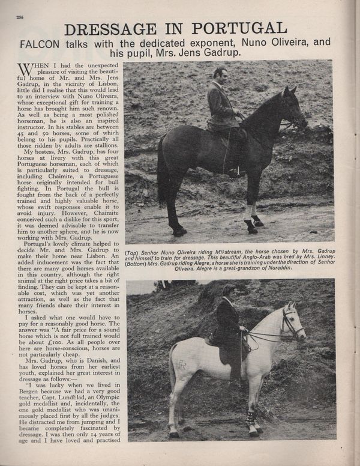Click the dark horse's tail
(163, 174)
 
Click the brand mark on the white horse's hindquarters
(182, 365)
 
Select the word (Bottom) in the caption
(139, 264)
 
